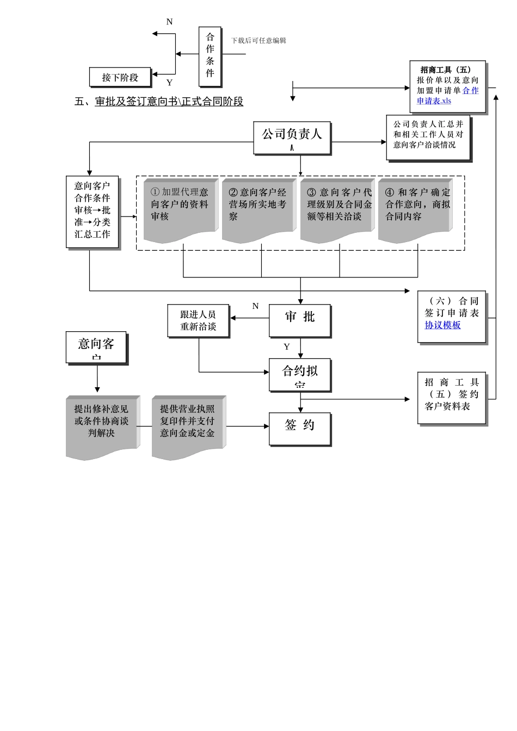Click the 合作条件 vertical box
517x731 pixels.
point(210,56)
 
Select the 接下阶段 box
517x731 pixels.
point(120,77)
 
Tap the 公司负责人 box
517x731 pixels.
point(292,137)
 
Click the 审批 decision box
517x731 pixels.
point(299,320)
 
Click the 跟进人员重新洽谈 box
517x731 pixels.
point(198,320)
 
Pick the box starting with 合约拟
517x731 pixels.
point(299,374)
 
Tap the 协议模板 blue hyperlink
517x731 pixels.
point(442,325)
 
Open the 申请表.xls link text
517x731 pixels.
point(434,101)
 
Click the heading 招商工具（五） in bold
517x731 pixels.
point(446,70)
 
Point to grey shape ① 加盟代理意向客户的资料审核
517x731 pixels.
point(180,209)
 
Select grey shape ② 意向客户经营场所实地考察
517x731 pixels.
point(257,209)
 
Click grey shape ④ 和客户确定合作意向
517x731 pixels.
point(415,209)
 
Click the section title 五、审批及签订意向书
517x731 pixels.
point(158,102)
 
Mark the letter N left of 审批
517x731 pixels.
point(255,306)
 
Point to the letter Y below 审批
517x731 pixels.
point(287,346)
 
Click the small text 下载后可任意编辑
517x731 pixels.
point(258,40)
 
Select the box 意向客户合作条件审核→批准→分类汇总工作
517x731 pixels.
point(92,211)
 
